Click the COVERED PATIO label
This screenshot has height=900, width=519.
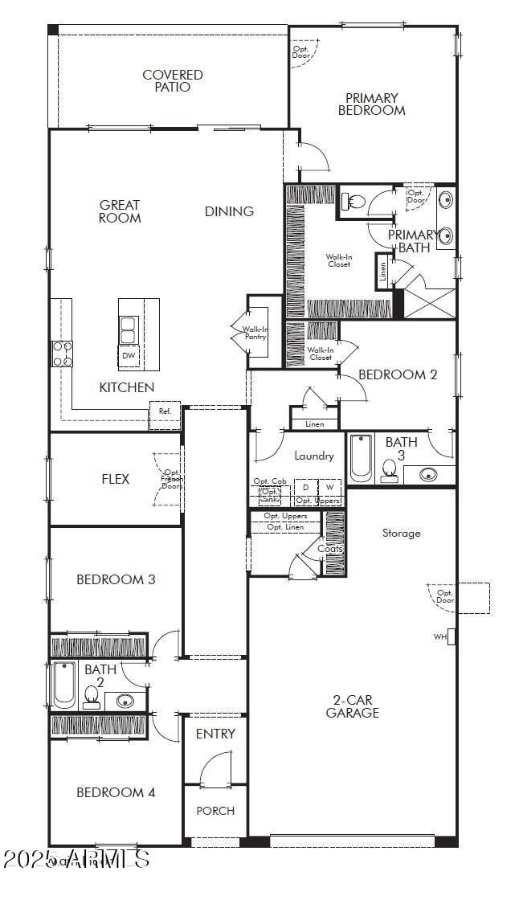click(173, 80)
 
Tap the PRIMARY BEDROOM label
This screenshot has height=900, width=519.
click(371, 104)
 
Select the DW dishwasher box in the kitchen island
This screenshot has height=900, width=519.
click(129, 355)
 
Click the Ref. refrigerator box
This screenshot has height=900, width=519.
click(165, 411)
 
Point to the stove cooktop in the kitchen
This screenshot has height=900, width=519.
click(63, 354)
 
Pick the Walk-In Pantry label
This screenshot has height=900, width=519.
click(255, 332)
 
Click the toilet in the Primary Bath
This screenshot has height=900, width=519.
click(354, 201)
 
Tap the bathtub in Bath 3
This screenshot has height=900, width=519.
click(361, 458)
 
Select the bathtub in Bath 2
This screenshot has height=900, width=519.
click(64, 685)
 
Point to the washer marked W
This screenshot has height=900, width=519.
click(329, 488)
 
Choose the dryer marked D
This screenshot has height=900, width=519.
click(305, 488)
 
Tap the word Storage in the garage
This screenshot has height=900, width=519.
click(401, 533)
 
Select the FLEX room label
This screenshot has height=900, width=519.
click(115, 479)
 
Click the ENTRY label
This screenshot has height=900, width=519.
click(215, 734)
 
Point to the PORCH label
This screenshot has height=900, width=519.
click(215, 810)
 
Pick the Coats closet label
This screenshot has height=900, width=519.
click(329, 549)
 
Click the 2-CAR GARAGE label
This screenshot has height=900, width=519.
click(353, 706)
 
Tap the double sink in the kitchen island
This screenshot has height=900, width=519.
click(128, 329)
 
